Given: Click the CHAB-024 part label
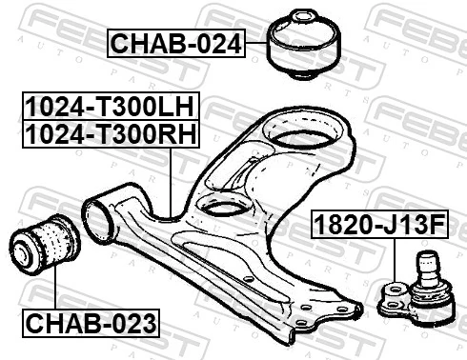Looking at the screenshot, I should [177, 43].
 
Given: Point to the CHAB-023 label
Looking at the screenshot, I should [92, 323].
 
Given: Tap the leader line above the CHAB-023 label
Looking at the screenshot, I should [54, 290].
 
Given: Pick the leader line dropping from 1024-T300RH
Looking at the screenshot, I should [170, 181].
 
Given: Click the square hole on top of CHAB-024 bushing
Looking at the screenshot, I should [304, 20].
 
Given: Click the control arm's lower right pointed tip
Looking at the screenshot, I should [356, 312].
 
